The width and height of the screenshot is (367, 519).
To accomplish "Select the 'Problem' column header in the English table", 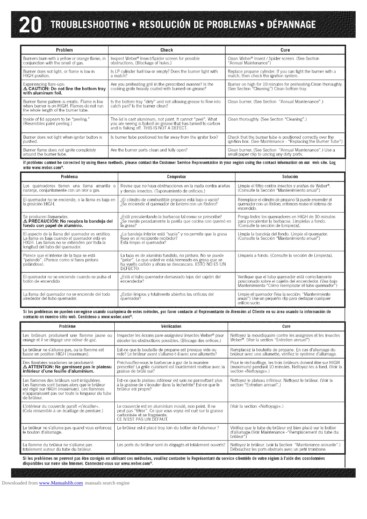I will point(64,50).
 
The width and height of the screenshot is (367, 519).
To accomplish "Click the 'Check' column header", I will point(167,50).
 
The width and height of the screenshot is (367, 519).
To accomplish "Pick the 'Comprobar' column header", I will point(177,177).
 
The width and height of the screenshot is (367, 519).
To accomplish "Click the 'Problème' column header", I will point(67,326).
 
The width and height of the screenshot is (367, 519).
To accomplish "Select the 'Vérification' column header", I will point(171,326).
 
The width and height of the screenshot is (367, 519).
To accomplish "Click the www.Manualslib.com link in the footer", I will point(61,483).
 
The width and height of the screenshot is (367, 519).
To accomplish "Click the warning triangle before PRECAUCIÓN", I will point(25,221).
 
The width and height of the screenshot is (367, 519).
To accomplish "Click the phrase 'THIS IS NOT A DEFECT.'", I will point(149,128).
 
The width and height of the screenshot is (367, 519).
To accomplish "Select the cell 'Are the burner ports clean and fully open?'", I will point(149,150).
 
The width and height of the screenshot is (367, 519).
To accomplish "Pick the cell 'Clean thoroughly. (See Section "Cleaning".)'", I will point(267,119).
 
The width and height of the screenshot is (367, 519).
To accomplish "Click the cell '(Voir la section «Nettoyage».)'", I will point(257,406).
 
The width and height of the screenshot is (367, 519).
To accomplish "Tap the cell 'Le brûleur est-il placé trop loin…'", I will point(168,428).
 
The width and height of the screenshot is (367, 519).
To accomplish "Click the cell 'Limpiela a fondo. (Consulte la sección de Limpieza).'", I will point(285,255).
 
